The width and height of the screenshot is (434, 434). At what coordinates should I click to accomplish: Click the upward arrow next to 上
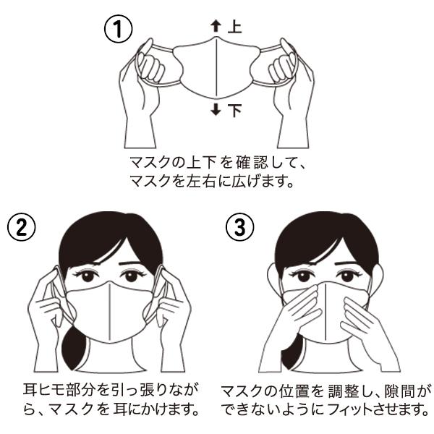pos(214,27)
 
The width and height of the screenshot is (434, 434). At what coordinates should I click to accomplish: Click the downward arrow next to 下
pos(214,110)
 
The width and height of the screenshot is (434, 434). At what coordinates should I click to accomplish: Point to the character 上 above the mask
pos(234,27)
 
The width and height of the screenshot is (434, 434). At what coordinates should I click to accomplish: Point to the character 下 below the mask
pos(234,110)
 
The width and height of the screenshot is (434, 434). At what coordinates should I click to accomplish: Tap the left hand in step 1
pos(141,80)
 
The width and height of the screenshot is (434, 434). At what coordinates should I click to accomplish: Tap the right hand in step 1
pos(289,80)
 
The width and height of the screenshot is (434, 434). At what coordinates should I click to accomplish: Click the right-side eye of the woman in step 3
pos(346,276)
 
